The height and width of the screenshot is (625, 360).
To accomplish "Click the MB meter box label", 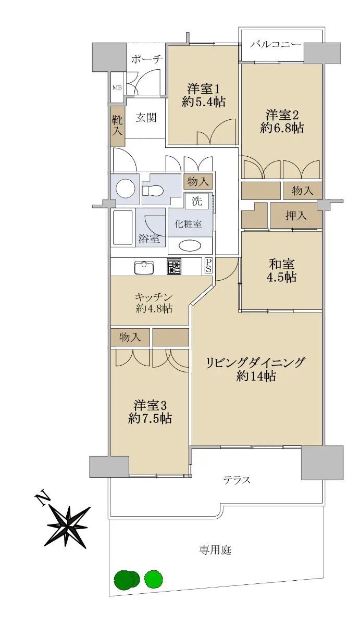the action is [117, 87].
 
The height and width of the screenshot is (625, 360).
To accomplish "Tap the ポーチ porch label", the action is [146, 59].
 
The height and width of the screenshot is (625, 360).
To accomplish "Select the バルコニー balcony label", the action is [275, 45].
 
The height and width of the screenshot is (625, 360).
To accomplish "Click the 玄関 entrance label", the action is [146, 118].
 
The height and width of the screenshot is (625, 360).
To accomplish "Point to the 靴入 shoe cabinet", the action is [118, 126].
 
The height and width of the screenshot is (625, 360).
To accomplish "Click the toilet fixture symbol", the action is [152, 190].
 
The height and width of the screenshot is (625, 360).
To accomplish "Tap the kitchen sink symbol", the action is [144, 267].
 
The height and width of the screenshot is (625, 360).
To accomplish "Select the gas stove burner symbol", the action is [174, 267].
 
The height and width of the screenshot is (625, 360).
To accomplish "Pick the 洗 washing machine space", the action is [197, 201].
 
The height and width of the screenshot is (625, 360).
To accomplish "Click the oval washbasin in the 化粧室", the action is [190, 246].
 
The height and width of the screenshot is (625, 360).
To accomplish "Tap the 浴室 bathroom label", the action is [149, 239].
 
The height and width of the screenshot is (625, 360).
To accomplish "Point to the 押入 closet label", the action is [296, 216].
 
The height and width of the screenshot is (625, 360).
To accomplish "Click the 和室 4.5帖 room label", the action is [282, 271].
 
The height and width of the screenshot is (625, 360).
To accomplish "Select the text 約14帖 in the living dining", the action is [256, 376].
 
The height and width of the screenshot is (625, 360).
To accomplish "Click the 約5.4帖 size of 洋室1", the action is [203, 102].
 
